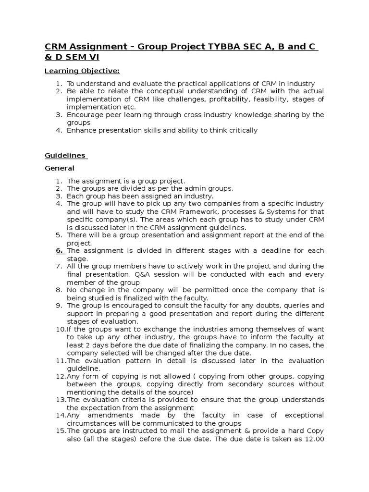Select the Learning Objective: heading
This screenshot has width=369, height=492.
[82, 71]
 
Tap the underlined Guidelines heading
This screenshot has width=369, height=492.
[65, 156]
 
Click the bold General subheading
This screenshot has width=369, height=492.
[60, 168]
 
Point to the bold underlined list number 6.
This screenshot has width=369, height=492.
[60, 251]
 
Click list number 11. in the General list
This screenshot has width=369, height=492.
[61, 361]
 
